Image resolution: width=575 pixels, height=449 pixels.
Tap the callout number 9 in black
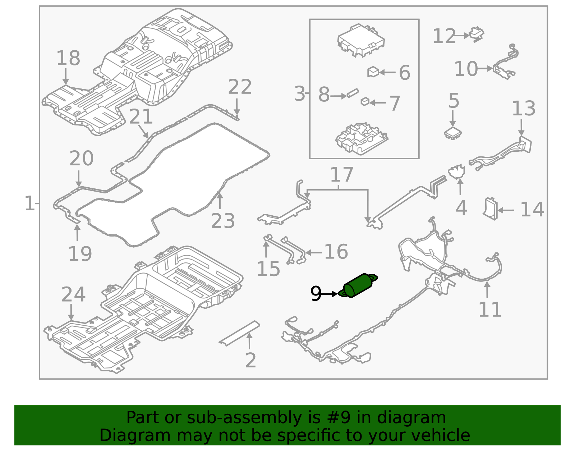(316, 294)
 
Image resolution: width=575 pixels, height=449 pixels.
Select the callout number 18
(68, 58)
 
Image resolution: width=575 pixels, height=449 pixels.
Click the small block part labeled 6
(373, 72)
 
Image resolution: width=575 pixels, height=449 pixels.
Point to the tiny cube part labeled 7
(365, 102)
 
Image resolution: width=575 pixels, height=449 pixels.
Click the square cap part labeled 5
(453, 133)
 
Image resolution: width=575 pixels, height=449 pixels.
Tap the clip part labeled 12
(477, 34)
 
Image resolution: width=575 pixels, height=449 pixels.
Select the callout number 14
(532, 210)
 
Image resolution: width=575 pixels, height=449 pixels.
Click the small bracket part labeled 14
(490, 209)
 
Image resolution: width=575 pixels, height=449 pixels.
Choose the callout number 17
(341, 175)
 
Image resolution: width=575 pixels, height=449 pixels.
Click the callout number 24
(73, 294)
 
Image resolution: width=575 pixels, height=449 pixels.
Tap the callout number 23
(223, 221)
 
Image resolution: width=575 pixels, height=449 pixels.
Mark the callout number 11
(490, 310)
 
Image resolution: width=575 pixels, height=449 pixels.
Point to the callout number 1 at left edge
(29, 203)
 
